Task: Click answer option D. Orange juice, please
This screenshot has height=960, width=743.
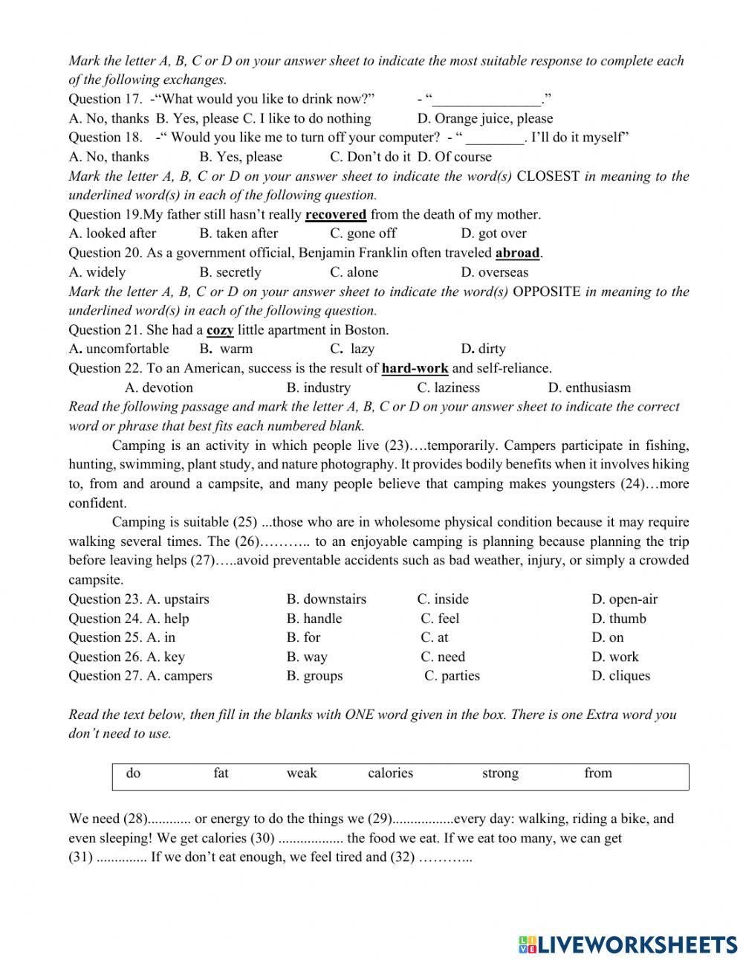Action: click(x=484, y=118)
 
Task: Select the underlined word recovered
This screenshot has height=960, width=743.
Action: click(x=336, y=215)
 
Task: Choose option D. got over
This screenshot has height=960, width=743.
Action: click(x=493, y=233)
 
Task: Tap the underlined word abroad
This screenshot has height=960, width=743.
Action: click(x=518, y=253)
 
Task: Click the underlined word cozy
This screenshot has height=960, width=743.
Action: click(x=220, y=330)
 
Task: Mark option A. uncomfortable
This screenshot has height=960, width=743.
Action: click(x=119, y=349)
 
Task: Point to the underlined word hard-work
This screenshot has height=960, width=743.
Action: click(x=415, y=368)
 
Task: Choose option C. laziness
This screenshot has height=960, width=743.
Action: click(x=448, y=387)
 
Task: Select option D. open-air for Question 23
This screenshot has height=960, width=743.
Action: click(x=624, y=599)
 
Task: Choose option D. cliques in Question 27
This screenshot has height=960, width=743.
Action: click(x=620, y=676)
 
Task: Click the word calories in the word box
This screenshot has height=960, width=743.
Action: click(x=390, y=773)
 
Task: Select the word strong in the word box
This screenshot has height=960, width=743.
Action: click(x=500, y=773)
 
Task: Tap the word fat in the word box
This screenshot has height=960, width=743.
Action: click(x=221, y=773)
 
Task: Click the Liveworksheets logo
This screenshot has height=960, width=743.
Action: click(x=628, y=944)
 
